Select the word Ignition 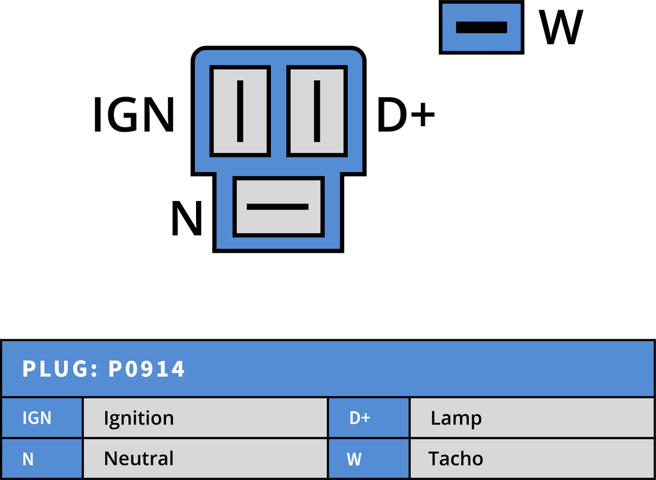tap(138, 419)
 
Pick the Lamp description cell tap(531, 418)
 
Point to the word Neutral tap(138, 459)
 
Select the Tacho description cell tap(531, 459)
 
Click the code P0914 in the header tap(147, 369)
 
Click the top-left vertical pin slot tap(240, 111)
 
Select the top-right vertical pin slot tap(316, 111)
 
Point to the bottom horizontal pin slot tap(277, 207)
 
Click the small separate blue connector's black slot tap(481, 27)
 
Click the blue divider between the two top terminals tap(278, 111)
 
